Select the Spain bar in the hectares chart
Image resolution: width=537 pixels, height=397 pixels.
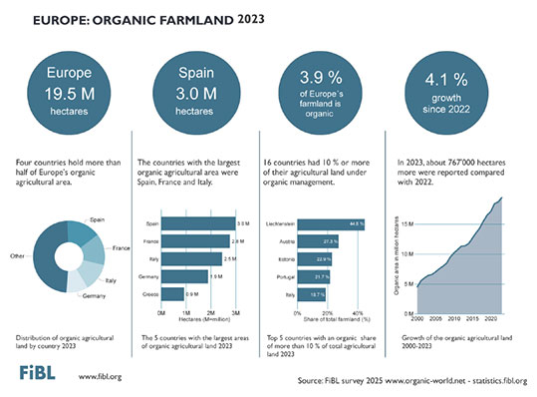[198, 223]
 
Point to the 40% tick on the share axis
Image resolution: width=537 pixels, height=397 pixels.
[358, 313]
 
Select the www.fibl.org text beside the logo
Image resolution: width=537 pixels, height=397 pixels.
[98, 377]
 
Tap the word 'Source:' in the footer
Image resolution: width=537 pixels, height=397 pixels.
[311, 381]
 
